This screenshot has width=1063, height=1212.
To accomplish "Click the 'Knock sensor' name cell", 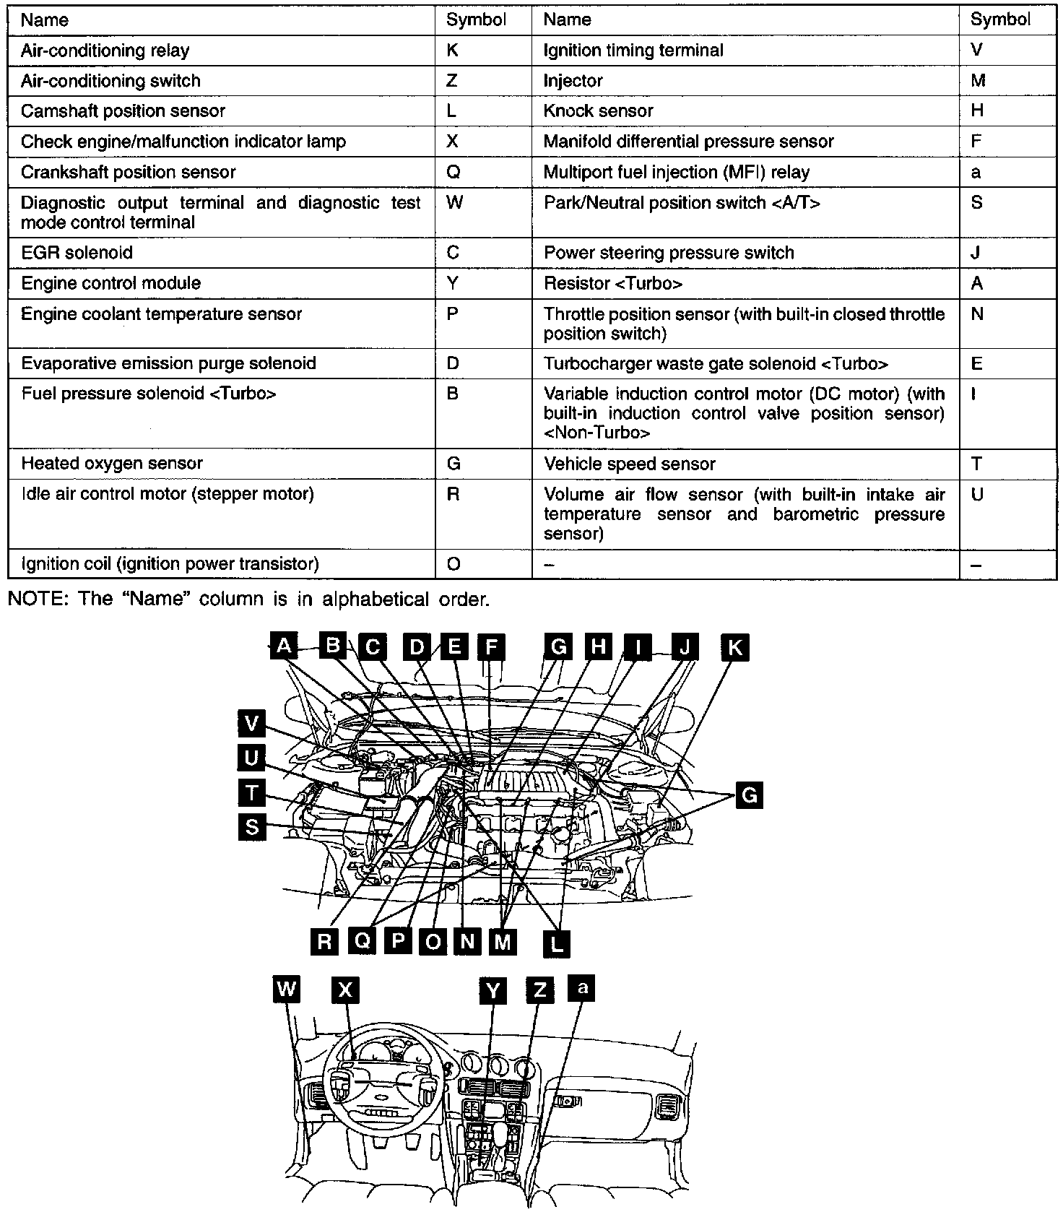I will point(598,111).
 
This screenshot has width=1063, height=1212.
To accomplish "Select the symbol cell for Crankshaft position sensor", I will point(454,172).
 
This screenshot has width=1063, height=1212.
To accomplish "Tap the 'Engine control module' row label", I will point(110,283).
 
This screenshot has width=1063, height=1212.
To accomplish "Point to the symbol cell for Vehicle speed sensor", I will point(977,464).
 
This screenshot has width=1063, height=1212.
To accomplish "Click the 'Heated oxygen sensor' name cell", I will point(111,463).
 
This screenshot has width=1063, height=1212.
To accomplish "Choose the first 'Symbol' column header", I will point(475,20).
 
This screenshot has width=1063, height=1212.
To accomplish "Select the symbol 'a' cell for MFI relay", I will point(976,172).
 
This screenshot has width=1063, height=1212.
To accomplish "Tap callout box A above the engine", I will point(284,646).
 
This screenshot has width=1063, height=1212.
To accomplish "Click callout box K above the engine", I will point(734,647).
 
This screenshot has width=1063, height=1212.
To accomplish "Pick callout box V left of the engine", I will point(251,724).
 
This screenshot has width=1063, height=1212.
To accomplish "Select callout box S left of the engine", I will point(251,826).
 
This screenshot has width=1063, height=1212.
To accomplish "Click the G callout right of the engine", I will point(749,795).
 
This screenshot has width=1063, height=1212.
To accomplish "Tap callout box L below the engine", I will point(556,943).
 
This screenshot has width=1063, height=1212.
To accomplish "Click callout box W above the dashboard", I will point(286,989).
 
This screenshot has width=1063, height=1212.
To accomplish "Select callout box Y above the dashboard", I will point(493,990).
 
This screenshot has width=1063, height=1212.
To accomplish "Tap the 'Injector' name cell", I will point(573,80).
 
